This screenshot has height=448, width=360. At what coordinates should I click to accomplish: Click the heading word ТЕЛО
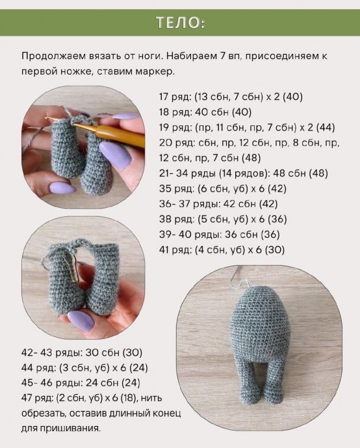(x=180, y=23)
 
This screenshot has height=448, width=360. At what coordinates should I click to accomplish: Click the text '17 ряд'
(x=174, y=97)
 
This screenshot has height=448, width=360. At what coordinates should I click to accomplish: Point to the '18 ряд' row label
(x=174, y=112)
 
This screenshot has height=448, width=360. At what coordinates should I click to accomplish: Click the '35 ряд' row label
(x=174, y=188)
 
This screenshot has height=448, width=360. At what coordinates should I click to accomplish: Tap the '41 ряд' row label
(x=174, y=249)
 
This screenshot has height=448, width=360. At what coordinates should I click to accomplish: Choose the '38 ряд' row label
(x=174, y=219)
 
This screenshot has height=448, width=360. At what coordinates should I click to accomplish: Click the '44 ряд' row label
(x=36, y=367)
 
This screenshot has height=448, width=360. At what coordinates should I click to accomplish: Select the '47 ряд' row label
(x=36, y=397)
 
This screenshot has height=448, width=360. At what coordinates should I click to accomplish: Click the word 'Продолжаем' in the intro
(x=53, y=56)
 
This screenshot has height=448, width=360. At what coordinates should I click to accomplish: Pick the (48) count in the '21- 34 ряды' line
(x=315, y=173)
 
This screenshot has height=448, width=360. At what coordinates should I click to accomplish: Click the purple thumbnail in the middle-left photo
(x=81, y=320)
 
